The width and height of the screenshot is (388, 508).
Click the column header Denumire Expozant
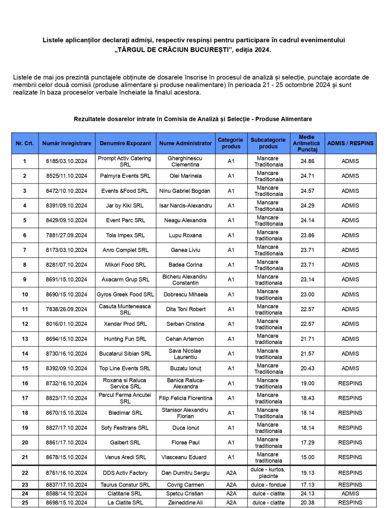[125, 143]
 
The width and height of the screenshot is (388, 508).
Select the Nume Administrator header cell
[185, 143]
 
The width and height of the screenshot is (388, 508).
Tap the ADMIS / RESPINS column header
[350, 143]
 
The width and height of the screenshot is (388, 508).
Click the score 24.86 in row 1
[307, 161]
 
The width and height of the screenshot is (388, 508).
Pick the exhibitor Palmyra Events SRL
[125, 176]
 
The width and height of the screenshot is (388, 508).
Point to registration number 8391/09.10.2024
[66, 206]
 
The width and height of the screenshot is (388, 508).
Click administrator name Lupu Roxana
[185, 235]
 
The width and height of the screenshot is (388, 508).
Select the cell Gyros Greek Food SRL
[125, 295]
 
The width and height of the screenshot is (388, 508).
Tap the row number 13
[25, 339]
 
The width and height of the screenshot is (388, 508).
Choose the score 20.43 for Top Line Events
[307, 368]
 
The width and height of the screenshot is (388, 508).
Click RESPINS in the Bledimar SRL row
[350, 413]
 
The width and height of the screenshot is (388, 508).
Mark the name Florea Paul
[185, 443]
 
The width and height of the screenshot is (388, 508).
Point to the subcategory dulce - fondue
[268, 485]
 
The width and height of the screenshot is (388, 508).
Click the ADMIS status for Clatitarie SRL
[350, 494]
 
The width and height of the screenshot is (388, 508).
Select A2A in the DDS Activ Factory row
[231, 473]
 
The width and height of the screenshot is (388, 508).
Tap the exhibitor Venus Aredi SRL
[125, 457]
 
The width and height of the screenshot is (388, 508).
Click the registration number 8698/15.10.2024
[66, 503]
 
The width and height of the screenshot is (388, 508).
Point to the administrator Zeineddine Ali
[185, 503]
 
